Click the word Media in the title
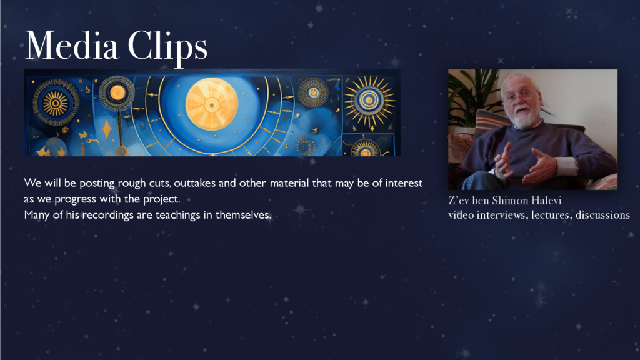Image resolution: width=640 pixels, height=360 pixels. pyautogui.click(x=72, y=45)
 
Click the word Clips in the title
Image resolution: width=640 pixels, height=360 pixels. pyautogui.click(x=167, y=48)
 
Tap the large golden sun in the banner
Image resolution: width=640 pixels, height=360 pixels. pyautogui.click(x=211, y=104)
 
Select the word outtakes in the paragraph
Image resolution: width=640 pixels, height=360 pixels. pyautogui.click(x=195, y=183)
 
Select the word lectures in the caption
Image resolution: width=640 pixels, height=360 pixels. pyautogui.click(x=551, y=215)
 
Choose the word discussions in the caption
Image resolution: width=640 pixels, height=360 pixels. pyautogui.click(x=602, y=215)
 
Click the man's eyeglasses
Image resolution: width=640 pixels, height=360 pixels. pyautogui.click(x=519, y=95)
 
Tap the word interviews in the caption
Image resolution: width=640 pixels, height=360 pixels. pyautogui.click(x=503, y=215)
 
